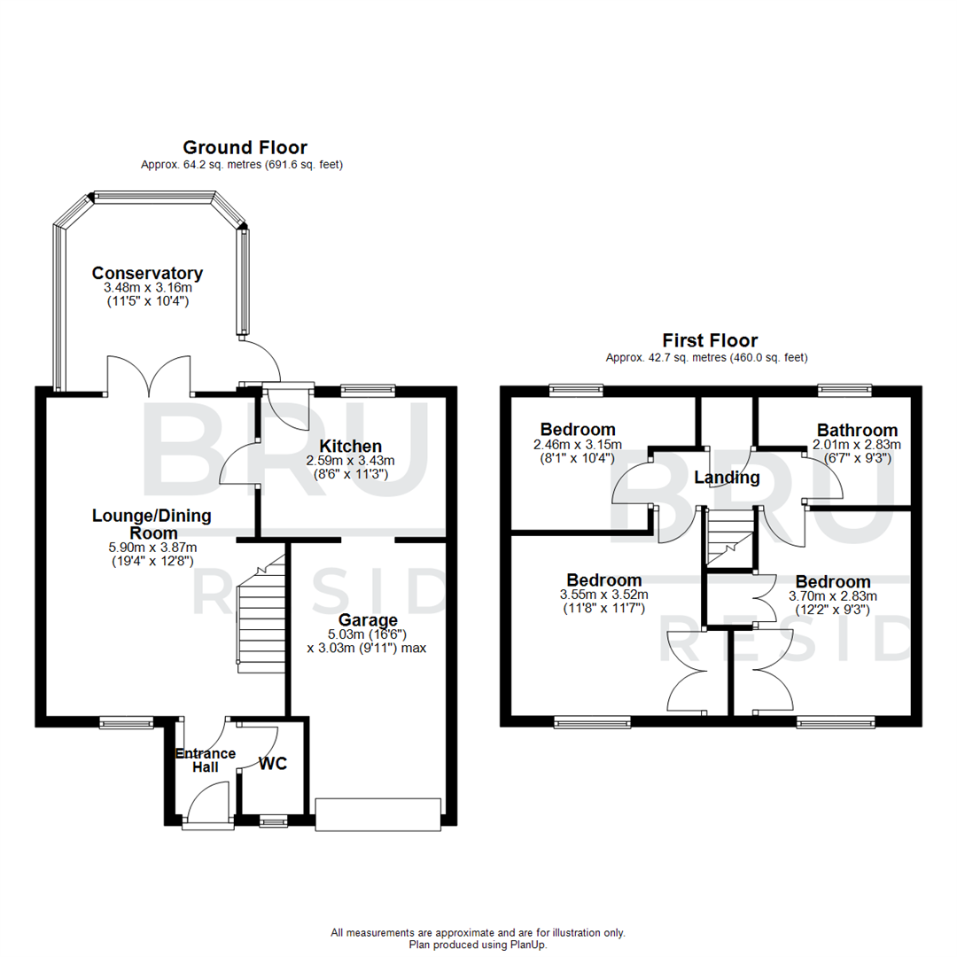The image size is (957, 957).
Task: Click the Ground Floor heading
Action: pyautogui.click(x=245, y=147)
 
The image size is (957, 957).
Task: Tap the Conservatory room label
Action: pyautogui.click(x=148, y=273)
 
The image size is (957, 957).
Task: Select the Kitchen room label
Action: pyautogui.click(x=350, y=446)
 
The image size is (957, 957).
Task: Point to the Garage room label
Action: pyautogui.click(x=367, y=619)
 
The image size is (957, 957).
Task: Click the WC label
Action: pyautogui.click(x=273, y=764)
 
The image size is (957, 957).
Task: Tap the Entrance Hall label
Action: pyautogui.click(x=206, y=760)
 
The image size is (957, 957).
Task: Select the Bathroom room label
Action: pyautogui.click(x=857, y=430)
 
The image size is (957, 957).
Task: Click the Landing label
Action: pyautogui.click(x=727, y=478)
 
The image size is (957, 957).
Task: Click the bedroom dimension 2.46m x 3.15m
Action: pyautogui.click(x=578, y=445)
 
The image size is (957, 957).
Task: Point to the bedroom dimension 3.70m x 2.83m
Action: pyautogui.click(x=832, y=596)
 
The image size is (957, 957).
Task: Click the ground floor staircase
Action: pyautogui.click(x=261, y=615)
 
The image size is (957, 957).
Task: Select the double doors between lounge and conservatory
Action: pyautogui.click(x=150, y=377)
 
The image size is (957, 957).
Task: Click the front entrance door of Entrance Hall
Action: pyautogui.click(x=209, y=805)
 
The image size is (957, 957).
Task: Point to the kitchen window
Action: pyautogui.click(x=368, y=388)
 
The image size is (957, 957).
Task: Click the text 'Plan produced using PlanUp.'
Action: pyautogui.click(x=478, y=945)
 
